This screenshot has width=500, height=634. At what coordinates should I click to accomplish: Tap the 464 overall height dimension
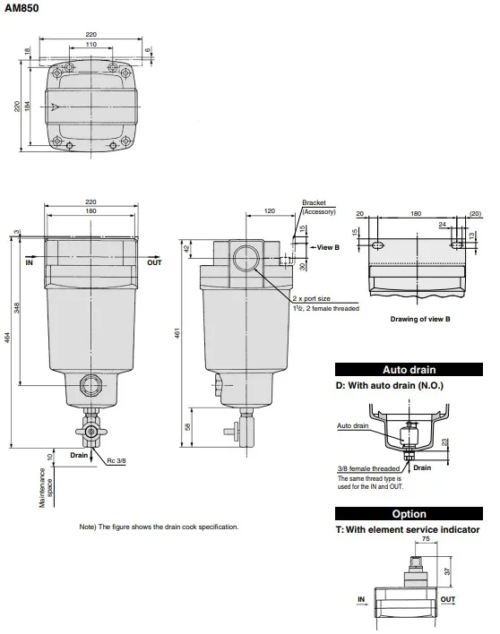[x=8, y=347]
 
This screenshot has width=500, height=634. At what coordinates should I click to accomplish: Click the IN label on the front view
[x=29, y=263]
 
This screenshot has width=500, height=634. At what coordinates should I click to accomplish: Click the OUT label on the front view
[x=154, y=263]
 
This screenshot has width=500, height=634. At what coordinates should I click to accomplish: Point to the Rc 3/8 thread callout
[x=117, y=461]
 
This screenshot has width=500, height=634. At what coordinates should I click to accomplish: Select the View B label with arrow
[x=327, y=247]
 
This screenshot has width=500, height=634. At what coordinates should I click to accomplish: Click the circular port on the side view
[x=245, y=260]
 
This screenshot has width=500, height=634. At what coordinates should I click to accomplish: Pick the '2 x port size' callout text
[x=312, y=298]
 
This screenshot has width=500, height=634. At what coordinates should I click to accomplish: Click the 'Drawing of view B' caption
[x=419, y=319]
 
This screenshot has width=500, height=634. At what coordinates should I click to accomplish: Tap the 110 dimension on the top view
[x=91, y=44]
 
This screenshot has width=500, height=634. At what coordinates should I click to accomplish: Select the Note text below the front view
[x=159, y=527]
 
